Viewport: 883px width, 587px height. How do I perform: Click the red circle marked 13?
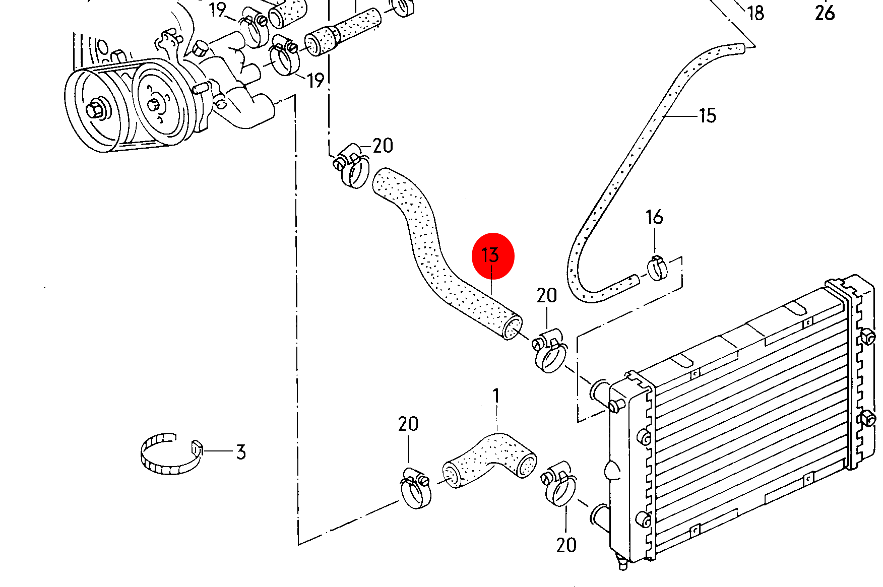click(492, 255)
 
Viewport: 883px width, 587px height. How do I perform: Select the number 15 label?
click(708, 116)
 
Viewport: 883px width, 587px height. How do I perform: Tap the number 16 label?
click(654, 217)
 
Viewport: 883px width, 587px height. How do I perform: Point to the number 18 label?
click(755, 13)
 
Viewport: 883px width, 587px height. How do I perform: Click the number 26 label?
click(825, 13)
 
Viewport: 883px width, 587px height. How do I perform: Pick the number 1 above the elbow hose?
click(496, 396)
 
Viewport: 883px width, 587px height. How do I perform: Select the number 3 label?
click(241, 452)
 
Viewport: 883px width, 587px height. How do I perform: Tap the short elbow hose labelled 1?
click(489, 460)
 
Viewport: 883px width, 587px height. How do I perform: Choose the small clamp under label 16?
click(656, 268)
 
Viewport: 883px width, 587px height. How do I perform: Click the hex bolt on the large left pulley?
click(95, 109)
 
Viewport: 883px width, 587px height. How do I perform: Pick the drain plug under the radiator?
click(622, 562)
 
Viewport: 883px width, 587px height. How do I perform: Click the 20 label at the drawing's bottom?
click(566, 545)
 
